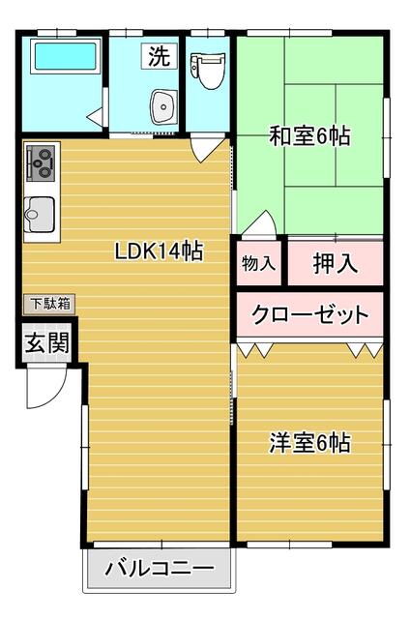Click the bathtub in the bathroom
point(65,58)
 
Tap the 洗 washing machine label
point(159,56)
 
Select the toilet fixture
point(205,69)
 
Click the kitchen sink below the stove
point(41,211)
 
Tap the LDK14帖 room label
point(159,251)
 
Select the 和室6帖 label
point(309,136)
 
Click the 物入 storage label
point(258,262)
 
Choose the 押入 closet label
point(335,262)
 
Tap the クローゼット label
point(309,314)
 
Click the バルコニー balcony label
point(160,568)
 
